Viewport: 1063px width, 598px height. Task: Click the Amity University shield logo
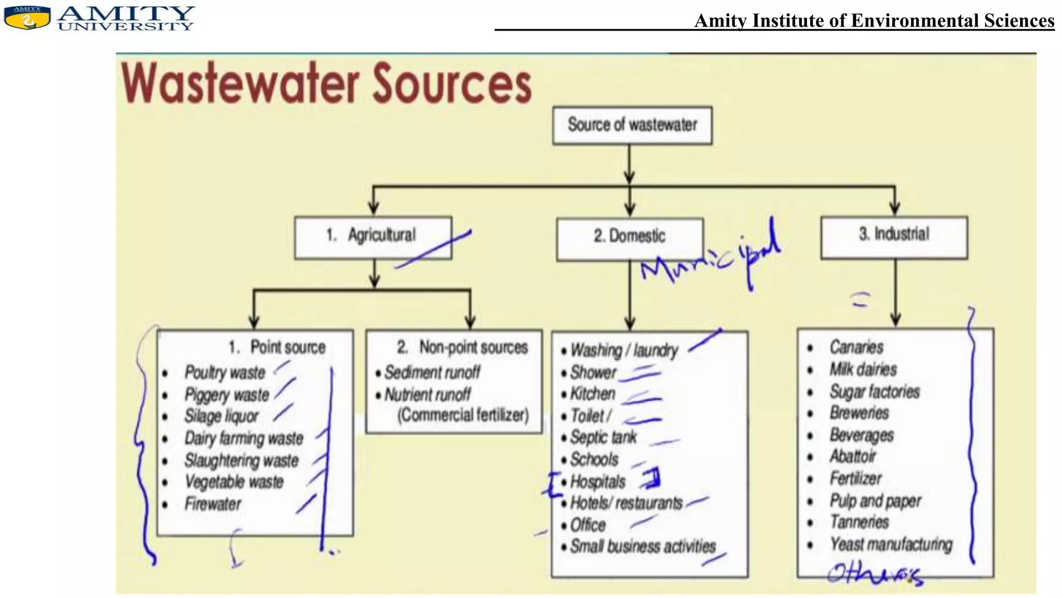coord(27,17)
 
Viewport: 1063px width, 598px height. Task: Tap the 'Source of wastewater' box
coord(632,125)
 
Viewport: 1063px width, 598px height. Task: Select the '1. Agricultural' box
coord(373,236)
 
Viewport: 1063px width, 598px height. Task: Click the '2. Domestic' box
coord(630,237)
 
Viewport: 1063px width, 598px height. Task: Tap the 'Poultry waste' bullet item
coord(225,372)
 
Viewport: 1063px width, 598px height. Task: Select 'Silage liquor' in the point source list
coord(222,416)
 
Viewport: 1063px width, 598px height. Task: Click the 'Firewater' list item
coord(213,504)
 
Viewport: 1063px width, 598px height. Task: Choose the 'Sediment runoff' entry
coord(432,372)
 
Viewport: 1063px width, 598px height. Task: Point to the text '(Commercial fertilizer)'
coord(463,415)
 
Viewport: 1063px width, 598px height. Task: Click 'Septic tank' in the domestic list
coord(603,437)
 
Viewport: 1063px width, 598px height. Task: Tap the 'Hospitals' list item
coord(598,481)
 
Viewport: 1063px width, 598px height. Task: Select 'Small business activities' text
coord(643,546)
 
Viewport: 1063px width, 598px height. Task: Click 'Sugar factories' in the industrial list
coord(875,391)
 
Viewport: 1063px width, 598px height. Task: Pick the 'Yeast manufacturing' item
coord(891,544)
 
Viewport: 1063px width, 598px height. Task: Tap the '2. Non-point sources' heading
coord(462,347)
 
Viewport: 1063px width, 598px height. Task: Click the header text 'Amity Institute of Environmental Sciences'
coord(874,21)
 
